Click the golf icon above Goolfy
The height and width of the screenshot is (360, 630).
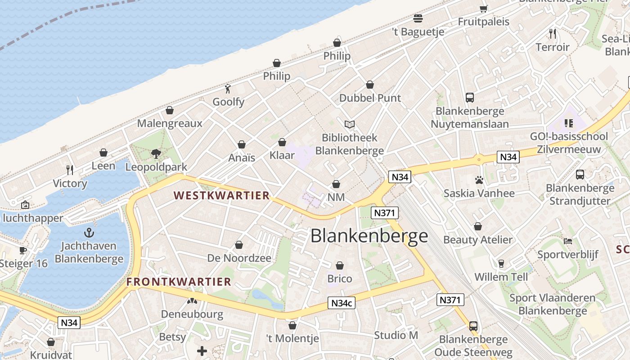pos(228,89)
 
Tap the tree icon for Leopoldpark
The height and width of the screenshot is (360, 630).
pos(156,154)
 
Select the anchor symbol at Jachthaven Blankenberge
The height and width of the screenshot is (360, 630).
pos(89,233)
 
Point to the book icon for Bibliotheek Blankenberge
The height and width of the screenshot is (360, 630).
pos(349,124)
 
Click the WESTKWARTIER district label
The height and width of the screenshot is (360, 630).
pos(221,196)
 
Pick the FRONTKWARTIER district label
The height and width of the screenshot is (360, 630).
pos(179,282)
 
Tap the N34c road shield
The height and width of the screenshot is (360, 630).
pos(342,303)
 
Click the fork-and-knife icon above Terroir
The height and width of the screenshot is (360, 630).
pos(553,33)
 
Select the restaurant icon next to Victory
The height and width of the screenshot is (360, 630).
pos(70,170)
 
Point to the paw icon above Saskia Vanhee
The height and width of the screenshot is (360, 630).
pos(479,180)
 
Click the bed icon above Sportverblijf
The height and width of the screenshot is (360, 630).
pos(568,241)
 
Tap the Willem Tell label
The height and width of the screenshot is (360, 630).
pos(501,277)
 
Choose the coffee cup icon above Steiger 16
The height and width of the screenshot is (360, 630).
pos(23,250)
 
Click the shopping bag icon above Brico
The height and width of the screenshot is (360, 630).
pos(340,266)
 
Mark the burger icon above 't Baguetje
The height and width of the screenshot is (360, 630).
pos(418,18)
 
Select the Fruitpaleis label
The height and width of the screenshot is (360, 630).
pos(483,22)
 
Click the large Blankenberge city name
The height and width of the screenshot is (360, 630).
pos(369,236)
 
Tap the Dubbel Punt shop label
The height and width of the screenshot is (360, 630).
pos(370,98)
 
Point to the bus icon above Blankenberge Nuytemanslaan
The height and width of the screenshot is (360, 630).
pos(470,98)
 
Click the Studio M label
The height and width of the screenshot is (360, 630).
pos(396,335)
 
